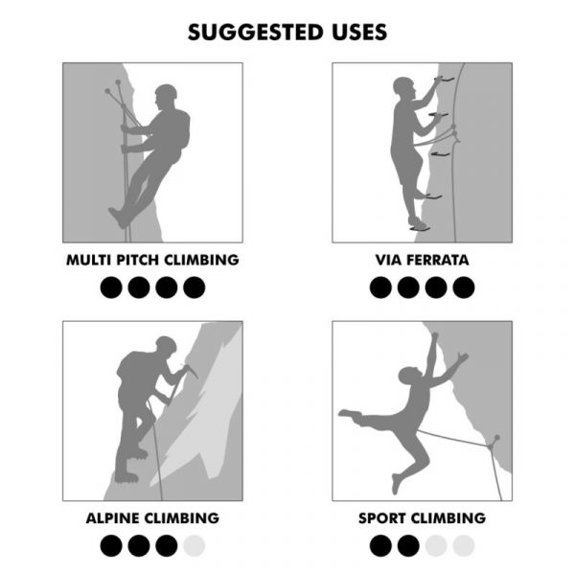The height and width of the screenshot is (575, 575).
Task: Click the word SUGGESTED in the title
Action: coord(253,32)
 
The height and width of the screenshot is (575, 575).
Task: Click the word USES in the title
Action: coord(355,32)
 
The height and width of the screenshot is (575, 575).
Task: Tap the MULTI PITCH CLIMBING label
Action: coord(152,260)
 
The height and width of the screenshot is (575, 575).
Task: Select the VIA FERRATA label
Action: coord(422,260)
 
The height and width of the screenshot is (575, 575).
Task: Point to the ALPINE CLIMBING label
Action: coord(152,518)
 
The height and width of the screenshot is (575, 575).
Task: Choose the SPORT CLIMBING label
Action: coord(422,518)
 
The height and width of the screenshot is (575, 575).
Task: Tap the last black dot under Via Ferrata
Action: coord(464,287)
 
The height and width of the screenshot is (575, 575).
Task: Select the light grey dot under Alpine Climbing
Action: coord(195,545)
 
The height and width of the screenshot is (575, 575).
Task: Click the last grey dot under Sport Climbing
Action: coord(464,545)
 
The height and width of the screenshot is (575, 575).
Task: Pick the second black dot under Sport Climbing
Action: coord(408,545)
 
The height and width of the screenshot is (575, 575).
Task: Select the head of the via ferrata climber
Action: coord(403,87)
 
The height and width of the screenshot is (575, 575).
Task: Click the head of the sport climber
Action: coord(410,375)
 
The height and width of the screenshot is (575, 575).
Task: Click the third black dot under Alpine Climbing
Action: coord(167,545)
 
